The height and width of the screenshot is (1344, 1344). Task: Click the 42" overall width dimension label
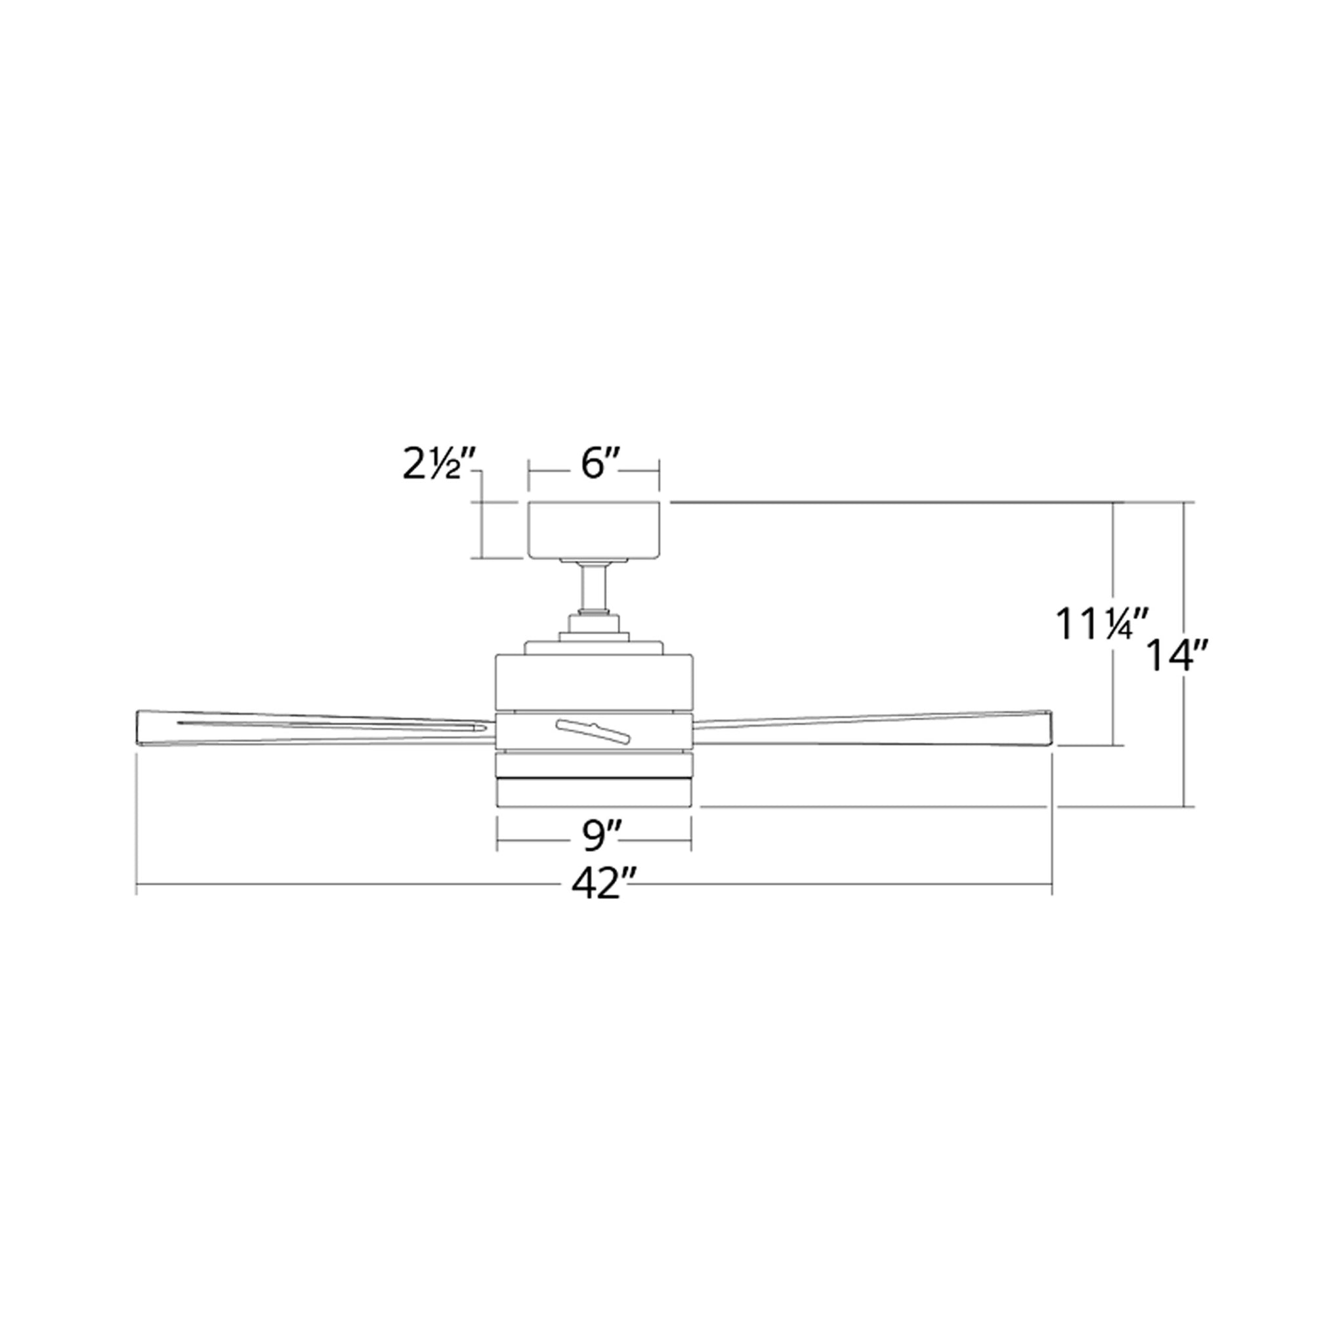point(595,885)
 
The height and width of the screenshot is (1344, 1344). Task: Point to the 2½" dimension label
point(439,465)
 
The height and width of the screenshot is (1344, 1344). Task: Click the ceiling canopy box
point(594,530)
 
